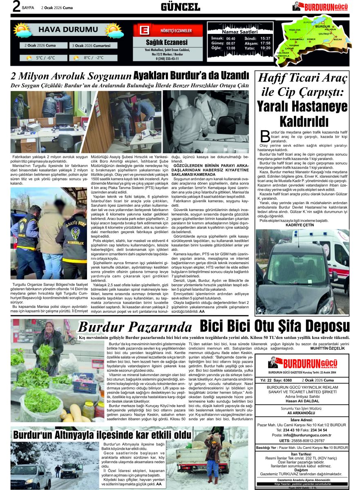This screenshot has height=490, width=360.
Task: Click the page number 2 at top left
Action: click(16, 7)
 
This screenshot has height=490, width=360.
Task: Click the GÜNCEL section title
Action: click(180, 7)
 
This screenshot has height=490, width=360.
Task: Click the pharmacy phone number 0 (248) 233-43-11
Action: click(167, 59)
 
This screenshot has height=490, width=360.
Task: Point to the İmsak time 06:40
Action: click(230, 38)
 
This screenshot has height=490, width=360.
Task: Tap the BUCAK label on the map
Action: click(338, 39)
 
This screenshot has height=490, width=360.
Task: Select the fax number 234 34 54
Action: click(319, 430)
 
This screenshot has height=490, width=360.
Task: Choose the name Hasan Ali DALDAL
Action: click(302, 400)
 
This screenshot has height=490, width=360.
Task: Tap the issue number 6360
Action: click(288, 380)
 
